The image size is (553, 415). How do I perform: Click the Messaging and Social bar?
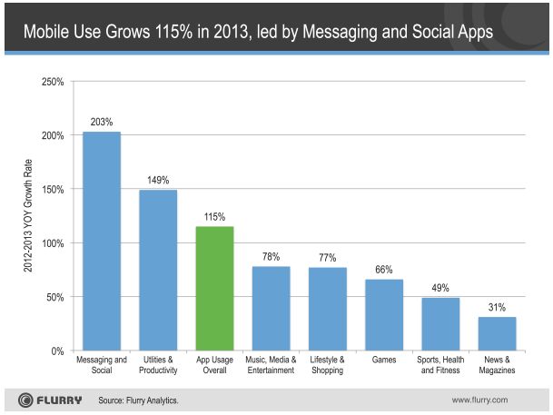pos(101,241)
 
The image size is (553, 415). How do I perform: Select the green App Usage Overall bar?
pos(214,288)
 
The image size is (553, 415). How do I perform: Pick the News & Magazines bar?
pos(497,333)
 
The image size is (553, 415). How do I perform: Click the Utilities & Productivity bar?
pos(158,270)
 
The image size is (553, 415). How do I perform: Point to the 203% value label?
pos(101,121)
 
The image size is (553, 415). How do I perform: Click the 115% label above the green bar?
pos(214,216)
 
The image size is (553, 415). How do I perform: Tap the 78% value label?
pos(271,256)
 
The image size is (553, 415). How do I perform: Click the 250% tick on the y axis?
pos(52,83)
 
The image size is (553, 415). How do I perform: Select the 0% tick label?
pos(56,351)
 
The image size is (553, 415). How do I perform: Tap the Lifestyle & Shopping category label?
pos(327,366)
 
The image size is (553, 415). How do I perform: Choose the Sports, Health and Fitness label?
pos(440,366)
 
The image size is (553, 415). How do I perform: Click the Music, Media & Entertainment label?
pos(271,366)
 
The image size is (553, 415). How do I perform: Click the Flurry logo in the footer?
pos(49,400)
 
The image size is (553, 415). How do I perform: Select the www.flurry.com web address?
pos(480,400)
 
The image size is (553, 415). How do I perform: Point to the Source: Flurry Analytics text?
pos(138,400)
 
